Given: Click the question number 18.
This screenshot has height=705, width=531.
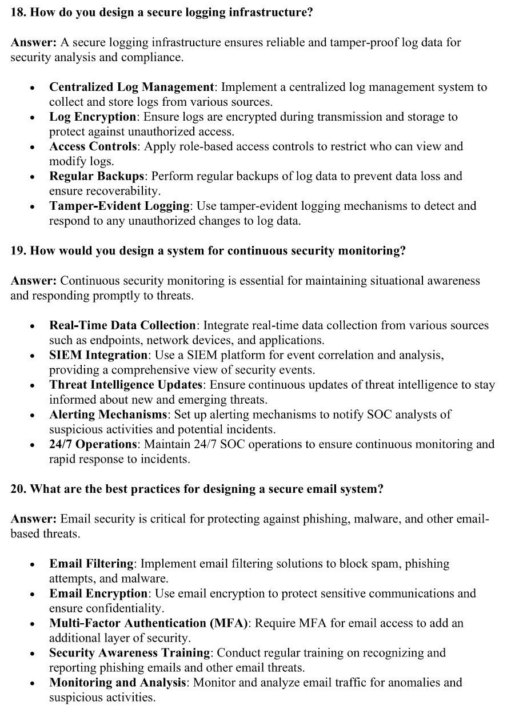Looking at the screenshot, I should click(18, 12).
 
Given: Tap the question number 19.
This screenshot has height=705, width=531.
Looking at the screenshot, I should click(18, 250).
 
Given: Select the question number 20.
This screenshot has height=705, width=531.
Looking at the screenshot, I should click(18, 489).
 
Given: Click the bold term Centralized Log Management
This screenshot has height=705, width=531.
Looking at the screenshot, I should click(131, 87).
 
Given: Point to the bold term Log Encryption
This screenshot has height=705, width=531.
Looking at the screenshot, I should click(93, 117).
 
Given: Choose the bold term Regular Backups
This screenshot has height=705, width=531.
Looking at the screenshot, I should click(96, 176).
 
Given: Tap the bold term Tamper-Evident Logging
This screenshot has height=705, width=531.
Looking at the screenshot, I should click(119, 206).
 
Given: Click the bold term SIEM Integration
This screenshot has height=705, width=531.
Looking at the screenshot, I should click(98, 355).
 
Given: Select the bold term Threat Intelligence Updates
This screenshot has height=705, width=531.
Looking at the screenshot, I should click(126, 385).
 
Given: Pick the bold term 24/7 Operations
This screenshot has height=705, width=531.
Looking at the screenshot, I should click(93, 444).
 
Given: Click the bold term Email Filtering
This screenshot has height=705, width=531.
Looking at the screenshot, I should click(91, 564).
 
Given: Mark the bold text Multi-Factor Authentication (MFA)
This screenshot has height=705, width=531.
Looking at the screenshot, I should click(149, 623).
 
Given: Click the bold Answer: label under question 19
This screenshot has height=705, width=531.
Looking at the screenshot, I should click(33, 281).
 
